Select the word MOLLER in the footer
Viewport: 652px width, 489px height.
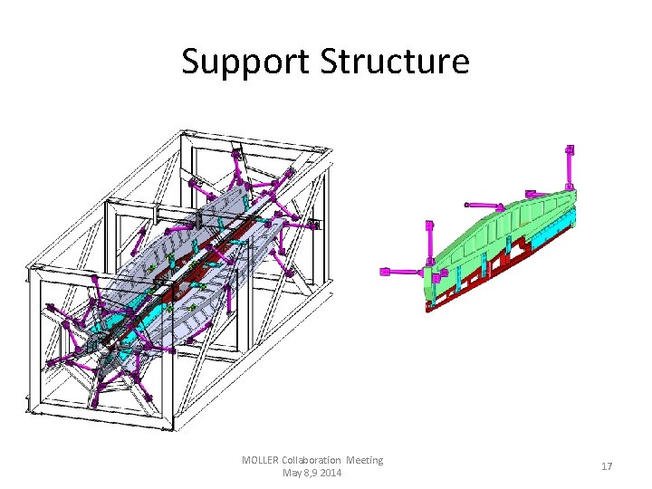click(260, 460)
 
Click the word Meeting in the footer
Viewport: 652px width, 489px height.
click(365, 460)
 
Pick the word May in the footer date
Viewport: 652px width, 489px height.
click(293, 473)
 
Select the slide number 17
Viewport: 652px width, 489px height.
click(607, 466)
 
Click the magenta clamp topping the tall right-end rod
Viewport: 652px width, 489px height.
click(570, 149)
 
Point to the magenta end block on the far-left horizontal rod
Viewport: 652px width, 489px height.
click(384, 271)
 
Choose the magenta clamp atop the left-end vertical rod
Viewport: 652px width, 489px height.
click(429, 224)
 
